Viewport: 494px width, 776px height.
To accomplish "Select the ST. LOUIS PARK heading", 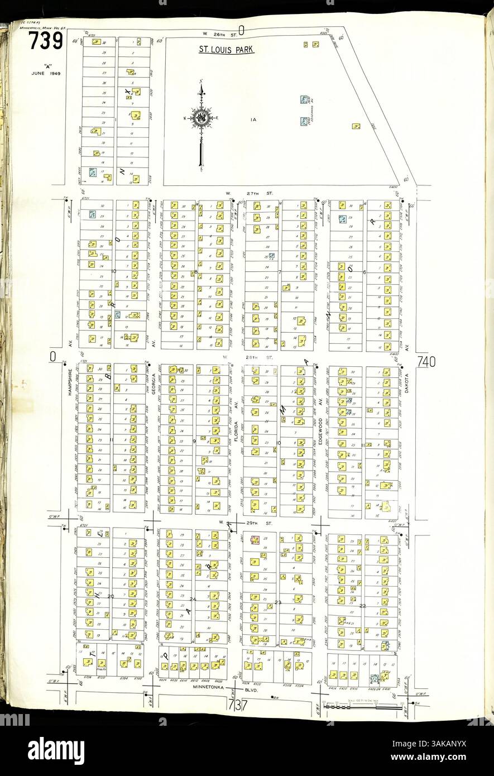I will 227,50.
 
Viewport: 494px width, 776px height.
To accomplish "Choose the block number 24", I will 192,599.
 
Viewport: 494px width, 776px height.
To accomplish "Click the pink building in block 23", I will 255,540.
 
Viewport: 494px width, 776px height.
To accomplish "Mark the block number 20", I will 111,597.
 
